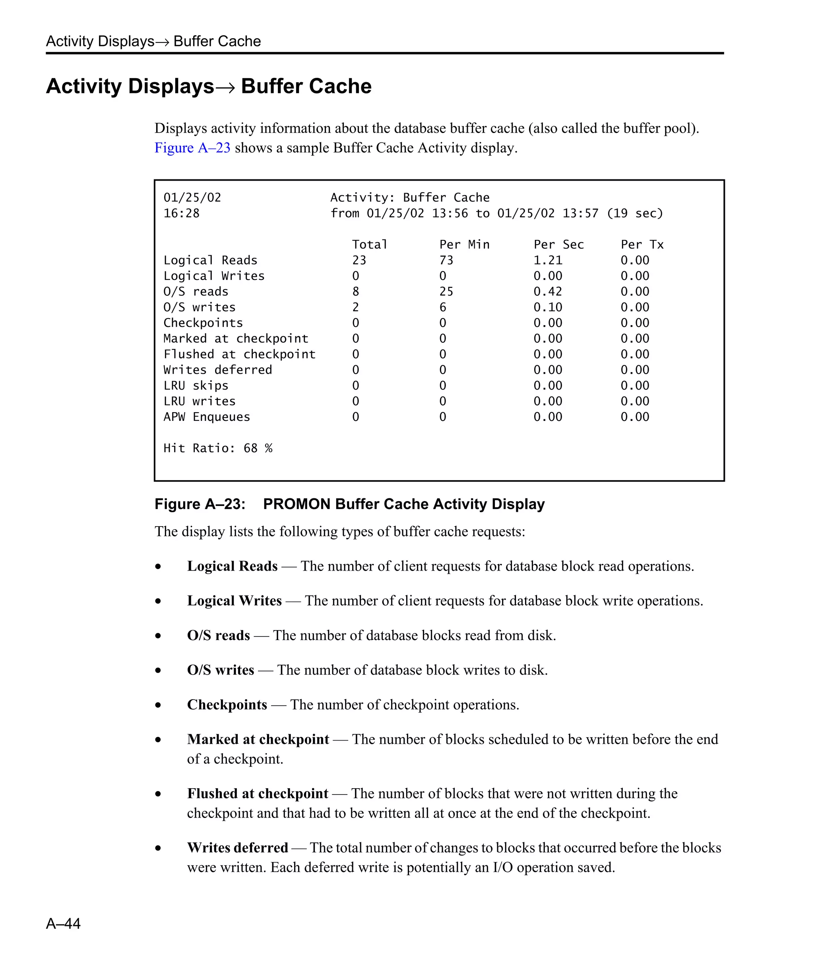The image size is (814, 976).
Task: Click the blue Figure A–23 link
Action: [x=192, y=148]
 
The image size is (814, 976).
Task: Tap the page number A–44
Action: [x=63, y=923]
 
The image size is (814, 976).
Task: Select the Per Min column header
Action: [x=464, y=245]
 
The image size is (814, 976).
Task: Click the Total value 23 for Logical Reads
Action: [x=359, y=260]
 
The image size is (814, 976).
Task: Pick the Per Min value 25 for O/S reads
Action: [x=446, y=291]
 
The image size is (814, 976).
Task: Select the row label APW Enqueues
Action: [x=207, y=417]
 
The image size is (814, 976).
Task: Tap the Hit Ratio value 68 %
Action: [x=258, y=448]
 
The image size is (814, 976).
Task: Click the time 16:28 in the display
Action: [x=181, y=213]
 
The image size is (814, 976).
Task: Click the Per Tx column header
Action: [x=642, y=245]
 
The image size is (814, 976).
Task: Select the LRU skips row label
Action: [x=196, y=385]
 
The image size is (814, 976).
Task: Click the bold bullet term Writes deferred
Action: [x=237, y=847]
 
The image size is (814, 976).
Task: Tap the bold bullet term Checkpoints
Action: [x=227, y=704]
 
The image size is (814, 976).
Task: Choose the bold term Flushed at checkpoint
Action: [x=258, y=793]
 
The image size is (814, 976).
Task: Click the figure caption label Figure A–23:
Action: [x=200, y=504]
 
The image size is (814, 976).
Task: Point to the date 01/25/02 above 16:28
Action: [x=192, y=197]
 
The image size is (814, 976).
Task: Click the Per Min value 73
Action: [x=446, y=260]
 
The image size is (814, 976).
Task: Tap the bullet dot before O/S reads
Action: [x=158, y=636]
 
